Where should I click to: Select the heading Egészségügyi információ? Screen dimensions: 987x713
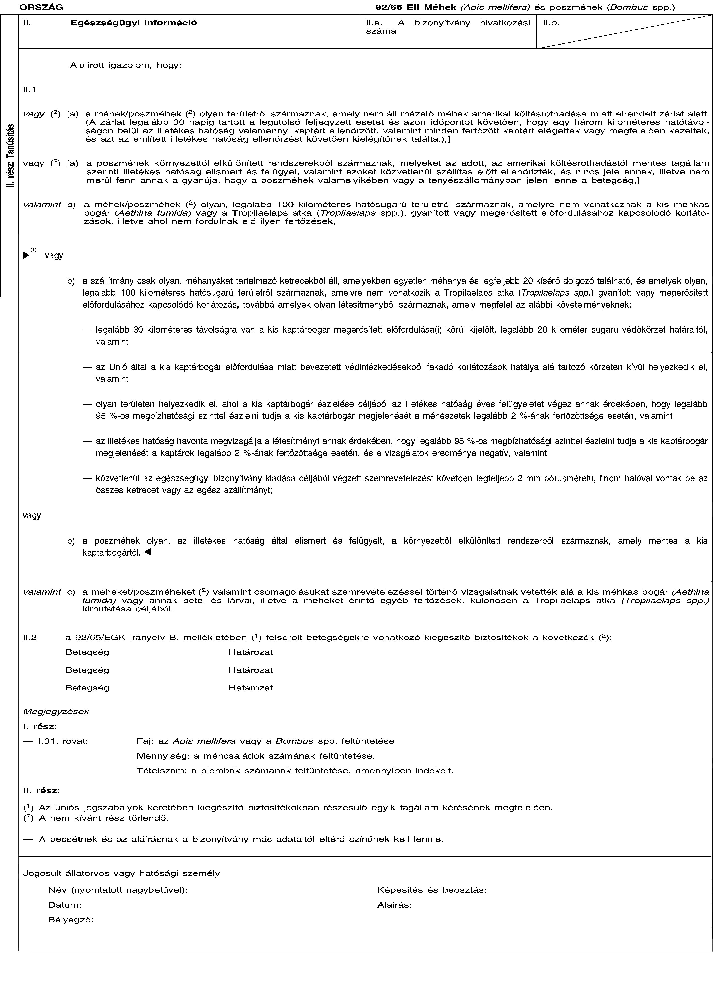[x=134, y=22]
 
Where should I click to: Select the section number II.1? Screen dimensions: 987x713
[x=30, y=90]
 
